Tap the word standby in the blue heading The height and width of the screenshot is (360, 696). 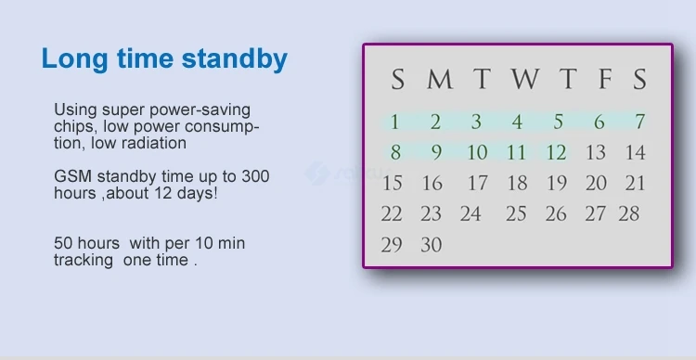(235, 60)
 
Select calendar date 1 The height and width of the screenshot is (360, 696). (394, 122)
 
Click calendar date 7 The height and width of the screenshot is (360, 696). (639, 122)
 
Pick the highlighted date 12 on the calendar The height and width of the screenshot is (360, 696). (556, 153)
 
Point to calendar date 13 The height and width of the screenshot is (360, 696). (596, 153)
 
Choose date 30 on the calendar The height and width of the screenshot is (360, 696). (432, 245)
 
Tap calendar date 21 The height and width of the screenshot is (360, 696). (635, 184)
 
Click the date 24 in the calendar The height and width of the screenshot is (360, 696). (470, 214)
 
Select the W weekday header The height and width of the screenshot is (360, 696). (525, 80)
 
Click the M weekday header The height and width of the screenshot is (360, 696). (440, 80)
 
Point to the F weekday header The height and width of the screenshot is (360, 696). (605, 80)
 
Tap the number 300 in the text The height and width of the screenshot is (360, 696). (255, 176)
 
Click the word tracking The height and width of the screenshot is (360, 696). (84, 260)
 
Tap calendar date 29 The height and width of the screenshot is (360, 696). (392, 245)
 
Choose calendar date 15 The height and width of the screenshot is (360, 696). (393, 184)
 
